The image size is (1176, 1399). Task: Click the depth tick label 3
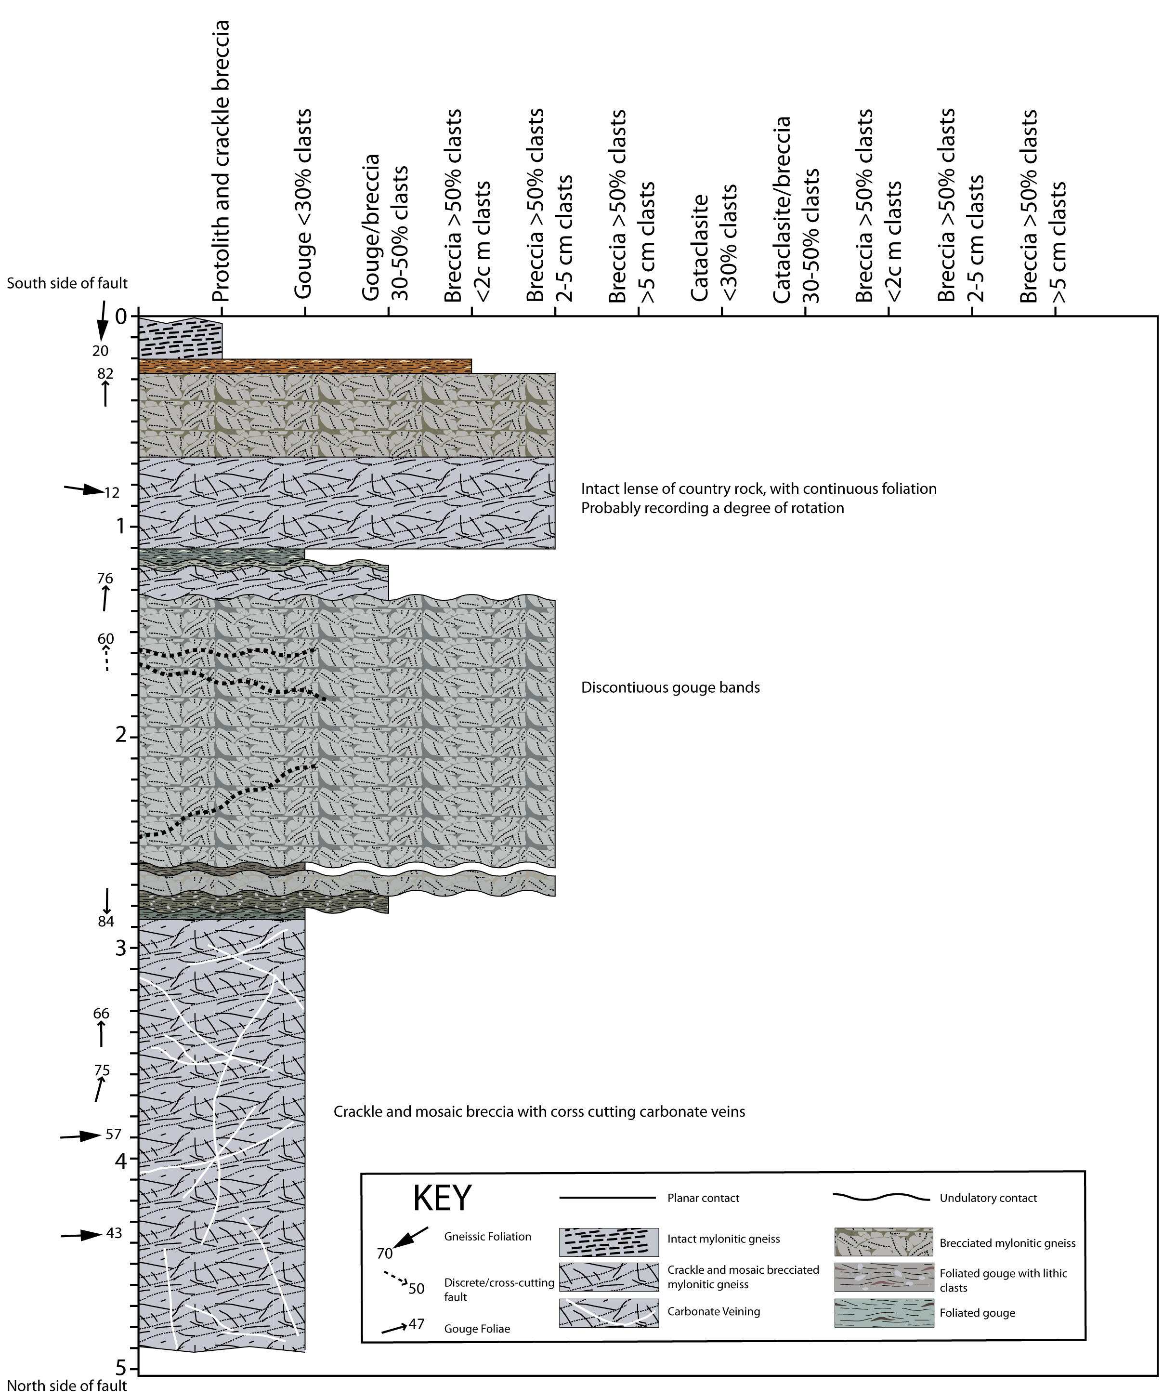click(121, 948)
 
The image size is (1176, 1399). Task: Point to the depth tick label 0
click(121, 317)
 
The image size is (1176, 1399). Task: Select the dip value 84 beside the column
click(106, 922)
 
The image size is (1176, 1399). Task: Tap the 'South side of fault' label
click(66, 283)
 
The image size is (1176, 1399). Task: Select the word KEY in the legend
click(442, 1198)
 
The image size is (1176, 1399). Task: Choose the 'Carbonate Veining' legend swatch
click(608, 1312)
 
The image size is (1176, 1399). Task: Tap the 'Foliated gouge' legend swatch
click(883, 1312)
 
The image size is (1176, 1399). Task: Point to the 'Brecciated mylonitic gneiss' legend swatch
click(883, 1241)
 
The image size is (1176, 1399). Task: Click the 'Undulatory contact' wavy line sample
click(881, 1197)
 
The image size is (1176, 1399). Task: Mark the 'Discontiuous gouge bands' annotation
click(670, 687)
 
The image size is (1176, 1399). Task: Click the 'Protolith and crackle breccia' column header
click(220, 160)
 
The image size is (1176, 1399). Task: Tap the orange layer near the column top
click(305, 366)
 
